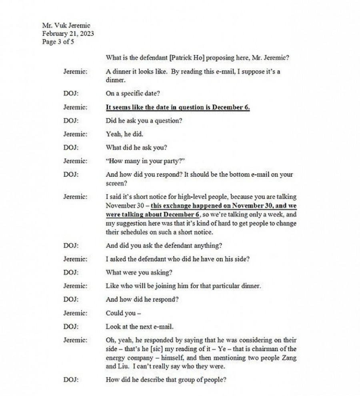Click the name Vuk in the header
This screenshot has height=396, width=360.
point(61,26)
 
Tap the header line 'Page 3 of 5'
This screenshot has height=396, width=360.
point(58,42)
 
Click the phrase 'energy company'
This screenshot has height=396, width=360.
point(126,358)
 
